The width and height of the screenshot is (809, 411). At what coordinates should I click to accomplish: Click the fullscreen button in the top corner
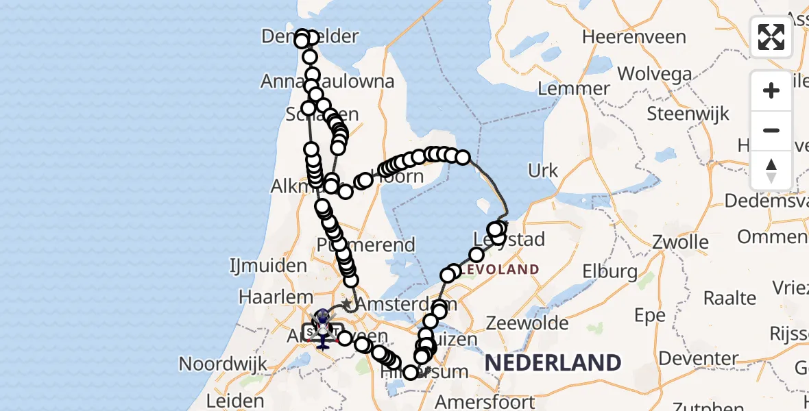click(x=771, y=37)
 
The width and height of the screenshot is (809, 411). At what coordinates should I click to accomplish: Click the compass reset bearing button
click(x=771, y=170)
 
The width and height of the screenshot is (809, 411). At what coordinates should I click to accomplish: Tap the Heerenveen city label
click(x=634, y=37)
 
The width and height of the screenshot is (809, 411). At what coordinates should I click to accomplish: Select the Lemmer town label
click(x=574, y=88)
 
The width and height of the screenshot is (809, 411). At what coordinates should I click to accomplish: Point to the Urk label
click(x=543, y=171)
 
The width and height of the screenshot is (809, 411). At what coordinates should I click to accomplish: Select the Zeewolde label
click(x=527, y=323)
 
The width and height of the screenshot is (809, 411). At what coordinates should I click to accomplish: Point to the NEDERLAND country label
click(x=553, y=362)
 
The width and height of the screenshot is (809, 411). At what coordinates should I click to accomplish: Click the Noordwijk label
click(x=222, y=364)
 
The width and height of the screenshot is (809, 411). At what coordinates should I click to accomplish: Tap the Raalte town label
click(x=730, y=299)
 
